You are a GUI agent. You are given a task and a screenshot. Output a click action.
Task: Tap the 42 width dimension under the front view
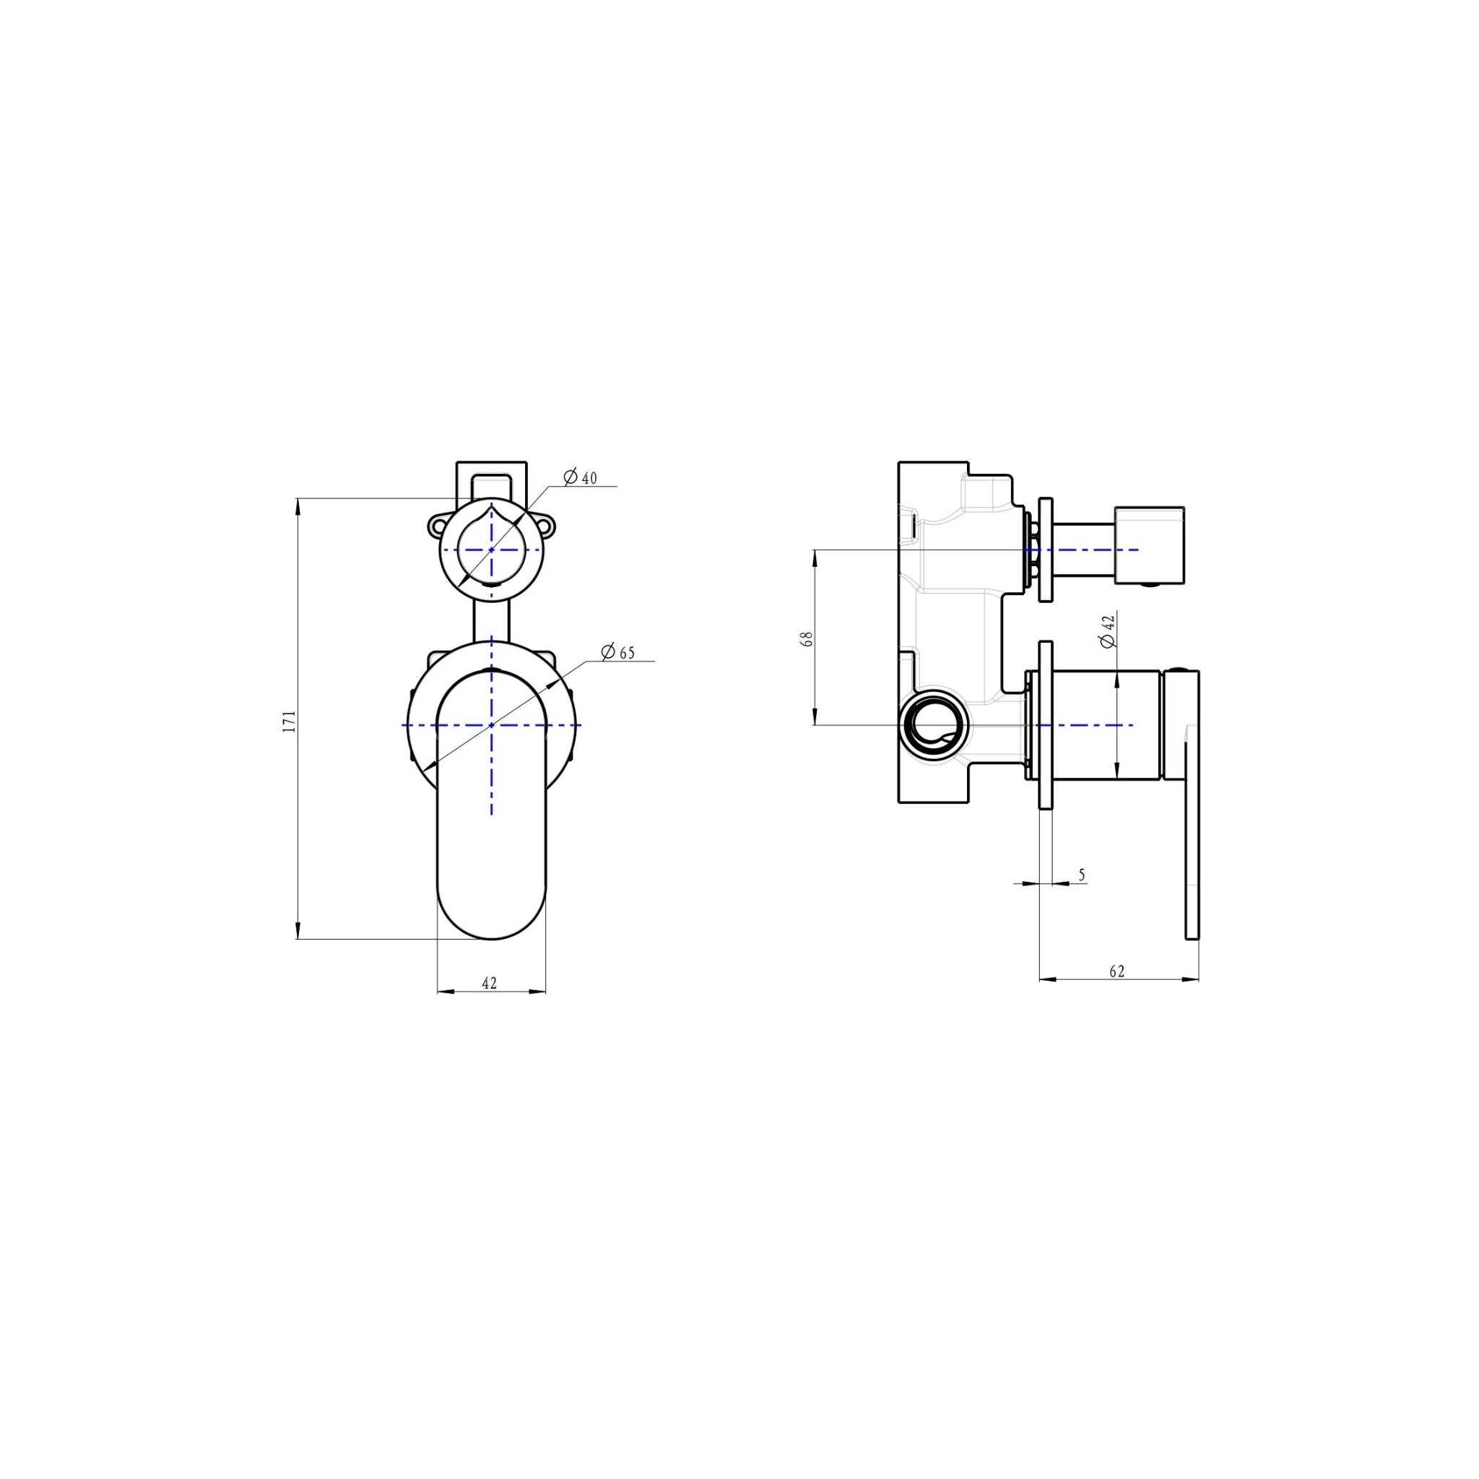click(x=490, y=983)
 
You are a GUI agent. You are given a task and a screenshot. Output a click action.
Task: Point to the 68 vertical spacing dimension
click(x=806, y=639)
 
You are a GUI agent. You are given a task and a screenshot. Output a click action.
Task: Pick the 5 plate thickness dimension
click(x=1082, y=875)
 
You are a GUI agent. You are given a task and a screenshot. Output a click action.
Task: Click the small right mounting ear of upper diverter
click(x=547, y=526)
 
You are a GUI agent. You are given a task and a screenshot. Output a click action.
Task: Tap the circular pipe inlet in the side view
click(x=933, y=725)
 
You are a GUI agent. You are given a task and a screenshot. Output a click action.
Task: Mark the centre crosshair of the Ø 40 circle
click(x=490, y=550)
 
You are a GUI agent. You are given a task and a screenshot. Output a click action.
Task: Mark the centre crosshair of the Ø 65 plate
click(x=490, y=724)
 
